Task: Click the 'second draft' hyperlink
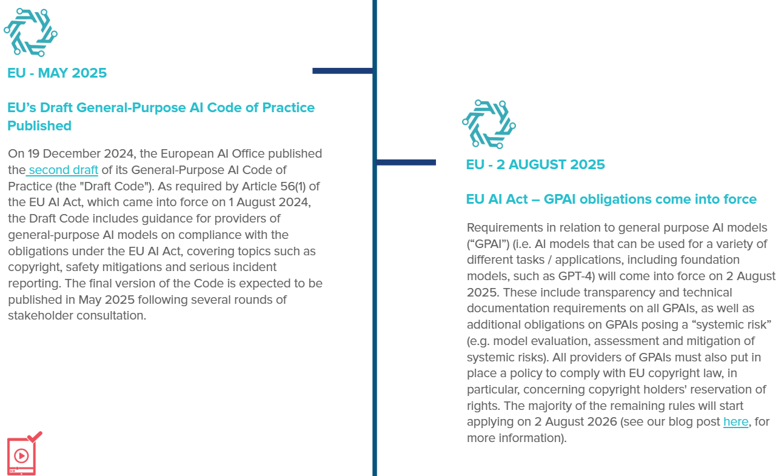click(x=63, y=170)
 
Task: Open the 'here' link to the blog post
click(x=736, y=421)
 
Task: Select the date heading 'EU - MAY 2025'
click(x=57, y=73)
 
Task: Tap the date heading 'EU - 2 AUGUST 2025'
click(x=535, y=165)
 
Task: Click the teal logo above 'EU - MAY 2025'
click(x=30, y=32)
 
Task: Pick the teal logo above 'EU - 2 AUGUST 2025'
click(x=489, y=124)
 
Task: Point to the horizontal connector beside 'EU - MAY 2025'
click(x=343, y=71)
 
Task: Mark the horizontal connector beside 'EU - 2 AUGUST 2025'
click(x=406, y=163)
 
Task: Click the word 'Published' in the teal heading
click(x=39, y=126)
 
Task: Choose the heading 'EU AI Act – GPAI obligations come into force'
click(x=611, y=199)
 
